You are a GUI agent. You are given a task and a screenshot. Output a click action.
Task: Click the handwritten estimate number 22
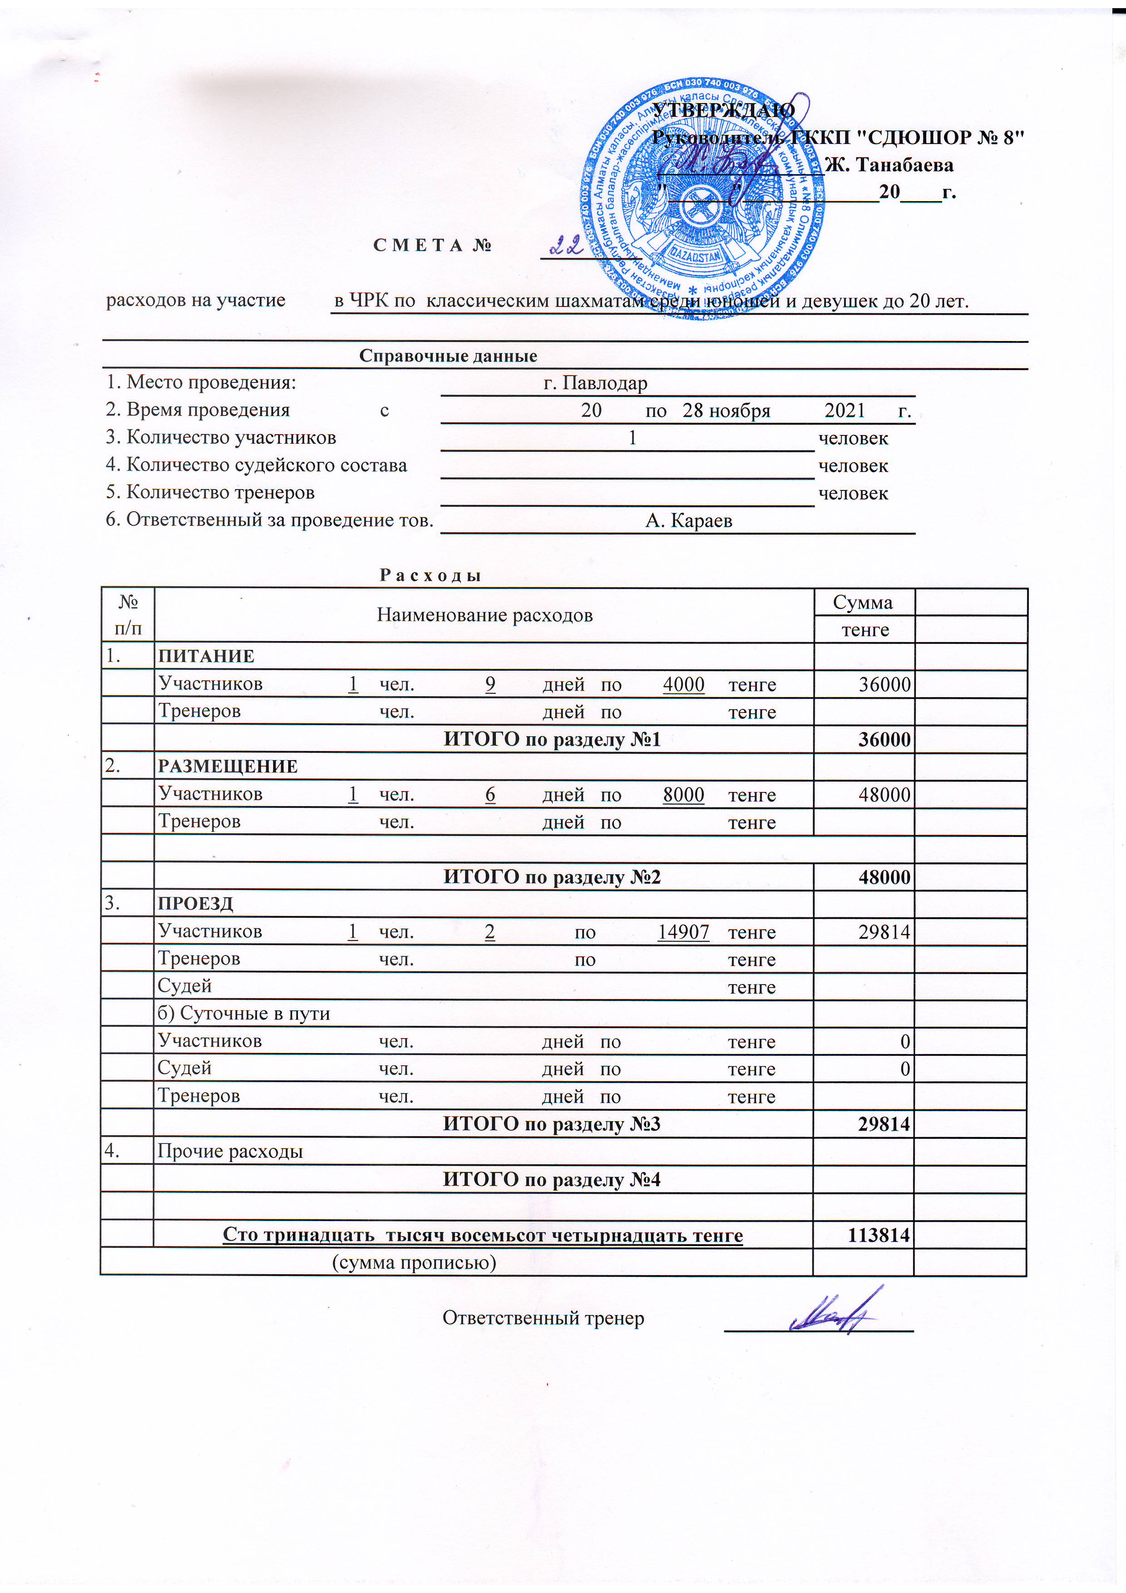(566, 244)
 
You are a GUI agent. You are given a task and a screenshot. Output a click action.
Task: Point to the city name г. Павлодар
(595, 383)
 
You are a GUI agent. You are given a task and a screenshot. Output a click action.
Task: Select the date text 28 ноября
(726, 411)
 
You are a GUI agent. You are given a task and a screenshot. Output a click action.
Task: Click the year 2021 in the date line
(844, 411)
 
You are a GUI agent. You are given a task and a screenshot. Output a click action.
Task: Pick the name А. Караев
(688, 520)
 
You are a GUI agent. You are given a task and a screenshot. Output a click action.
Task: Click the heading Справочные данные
(448, 356)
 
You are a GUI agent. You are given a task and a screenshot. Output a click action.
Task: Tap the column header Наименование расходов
(484, 615)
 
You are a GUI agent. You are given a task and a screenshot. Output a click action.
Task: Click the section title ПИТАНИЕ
(206, 656)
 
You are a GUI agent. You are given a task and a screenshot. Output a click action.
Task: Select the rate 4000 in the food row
(683, 684)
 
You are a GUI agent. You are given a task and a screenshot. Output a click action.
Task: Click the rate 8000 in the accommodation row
(683, 794)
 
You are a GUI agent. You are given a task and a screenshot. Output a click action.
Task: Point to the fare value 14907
(683, 932)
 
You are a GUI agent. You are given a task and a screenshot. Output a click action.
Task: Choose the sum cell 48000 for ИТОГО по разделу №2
(884, 877)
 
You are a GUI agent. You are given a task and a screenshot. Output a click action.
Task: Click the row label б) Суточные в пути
(243, 1014)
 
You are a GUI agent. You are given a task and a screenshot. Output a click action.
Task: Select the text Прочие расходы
(230, 1151)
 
